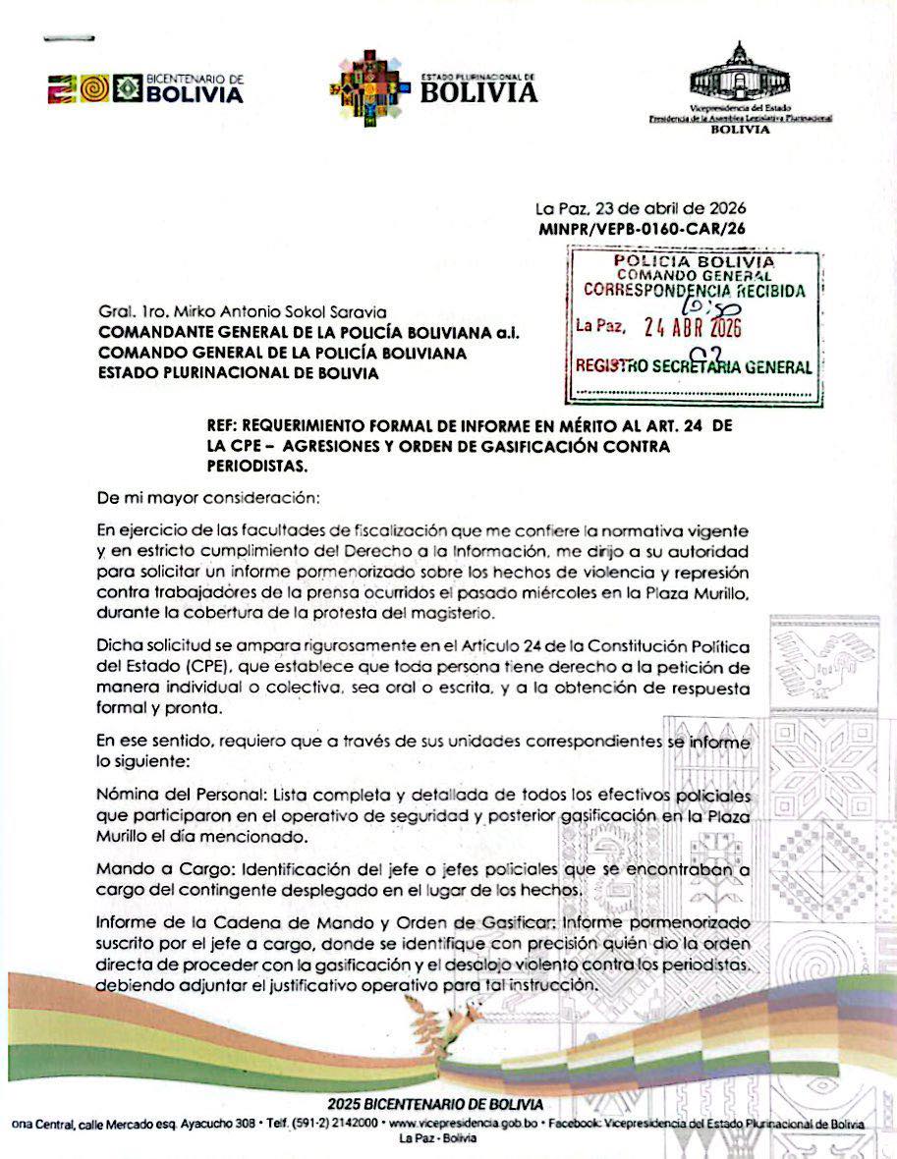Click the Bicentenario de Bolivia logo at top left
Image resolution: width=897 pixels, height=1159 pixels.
click(x=145, y=89)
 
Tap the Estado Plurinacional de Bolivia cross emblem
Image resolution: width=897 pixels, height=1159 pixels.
click(x=368, y=89)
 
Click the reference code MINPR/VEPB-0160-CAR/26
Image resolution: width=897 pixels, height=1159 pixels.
click(x=642, y=229)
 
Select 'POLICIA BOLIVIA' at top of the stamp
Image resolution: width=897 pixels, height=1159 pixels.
click(x=694, y=261)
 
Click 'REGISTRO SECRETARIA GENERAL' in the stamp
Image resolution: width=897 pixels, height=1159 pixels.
click(x=694, y=368)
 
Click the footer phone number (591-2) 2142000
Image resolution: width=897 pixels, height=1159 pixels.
click(x=335, y=1123)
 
